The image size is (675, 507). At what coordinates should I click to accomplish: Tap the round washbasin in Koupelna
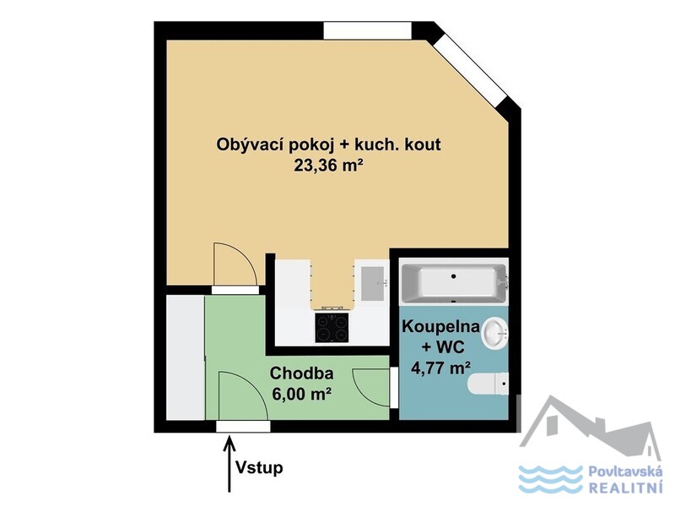(494, 332)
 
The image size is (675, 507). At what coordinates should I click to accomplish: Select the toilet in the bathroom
(489, 384)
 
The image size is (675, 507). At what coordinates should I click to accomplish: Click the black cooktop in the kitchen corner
(332, 327)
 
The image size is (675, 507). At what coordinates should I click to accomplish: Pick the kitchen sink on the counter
(372, 283)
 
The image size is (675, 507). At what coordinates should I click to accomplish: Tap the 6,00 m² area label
(301, 393)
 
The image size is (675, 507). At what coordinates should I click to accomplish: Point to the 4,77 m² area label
(440, 368)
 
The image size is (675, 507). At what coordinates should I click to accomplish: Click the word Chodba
(301, 373)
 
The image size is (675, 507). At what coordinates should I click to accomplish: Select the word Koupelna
(440, 326)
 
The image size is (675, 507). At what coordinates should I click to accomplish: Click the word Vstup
(259, 468)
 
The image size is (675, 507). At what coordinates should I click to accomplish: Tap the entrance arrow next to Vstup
(229, 464)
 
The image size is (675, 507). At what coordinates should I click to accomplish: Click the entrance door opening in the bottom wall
(243, 427)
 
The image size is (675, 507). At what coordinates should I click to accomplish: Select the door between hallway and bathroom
(393, 388)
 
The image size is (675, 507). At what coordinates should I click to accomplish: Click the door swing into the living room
(235, 264)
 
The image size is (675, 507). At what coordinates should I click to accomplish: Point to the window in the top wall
(367, 30)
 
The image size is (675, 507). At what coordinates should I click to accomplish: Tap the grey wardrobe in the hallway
(186, 357)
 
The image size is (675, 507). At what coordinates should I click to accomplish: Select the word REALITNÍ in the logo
(625, 488)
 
